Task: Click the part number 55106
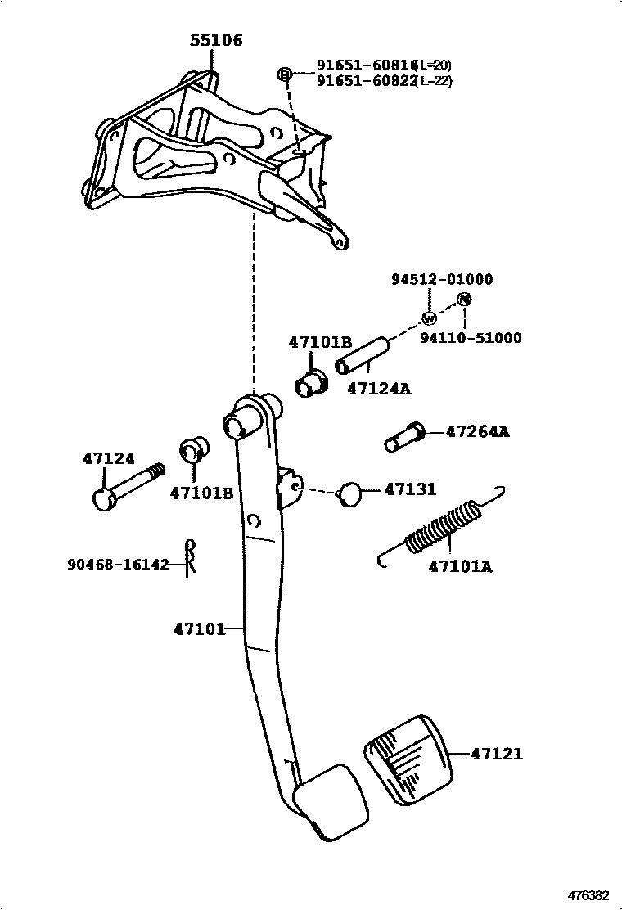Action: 217,40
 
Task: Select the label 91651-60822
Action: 368,80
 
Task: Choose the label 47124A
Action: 379,389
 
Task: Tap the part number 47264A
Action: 477,431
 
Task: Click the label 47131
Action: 411,489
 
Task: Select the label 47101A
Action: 460,565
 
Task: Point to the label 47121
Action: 497,754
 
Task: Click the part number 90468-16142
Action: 119,564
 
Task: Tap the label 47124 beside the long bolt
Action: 108,459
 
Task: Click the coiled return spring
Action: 443,529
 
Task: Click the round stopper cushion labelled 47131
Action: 350,493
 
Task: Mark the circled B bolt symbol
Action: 285,74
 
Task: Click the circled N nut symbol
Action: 464,300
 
